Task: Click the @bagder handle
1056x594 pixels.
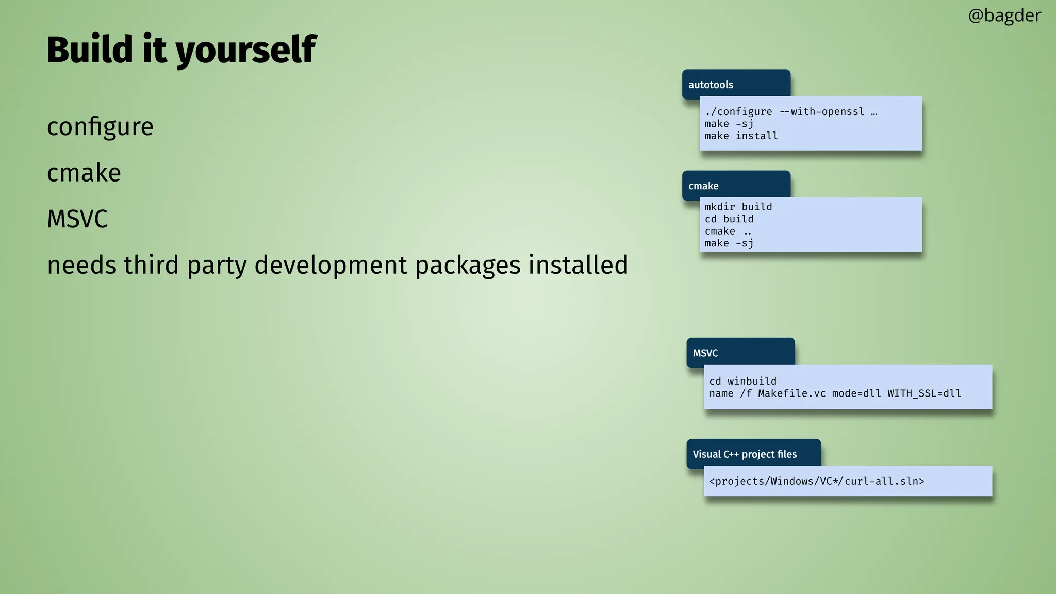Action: [1004, 15]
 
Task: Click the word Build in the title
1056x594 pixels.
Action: [90, 49]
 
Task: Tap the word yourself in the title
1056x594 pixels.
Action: [246, 51]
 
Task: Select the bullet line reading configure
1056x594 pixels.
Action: [100, 127]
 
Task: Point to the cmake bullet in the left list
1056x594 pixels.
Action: [84, 173]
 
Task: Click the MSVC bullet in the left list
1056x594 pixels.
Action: [77, 219]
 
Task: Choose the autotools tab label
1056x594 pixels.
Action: [711, 85]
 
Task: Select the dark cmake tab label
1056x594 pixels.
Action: [703, 186]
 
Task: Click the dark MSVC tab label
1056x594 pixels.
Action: [705, 353]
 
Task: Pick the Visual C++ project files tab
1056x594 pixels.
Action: [745, 454]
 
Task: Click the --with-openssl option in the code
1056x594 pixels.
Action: [822, 112]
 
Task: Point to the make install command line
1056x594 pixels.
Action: [741, 136]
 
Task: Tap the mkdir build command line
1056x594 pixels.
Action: [738, 207]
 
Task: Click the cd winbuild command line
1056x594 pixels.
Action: [742, 381]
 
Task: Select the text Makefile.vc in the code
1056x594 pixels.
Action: [791, 393]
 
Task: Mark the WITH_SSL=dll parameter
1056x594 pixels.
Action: [924, 393]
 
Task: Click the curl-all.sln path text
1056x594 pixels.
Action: [884, 481]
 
